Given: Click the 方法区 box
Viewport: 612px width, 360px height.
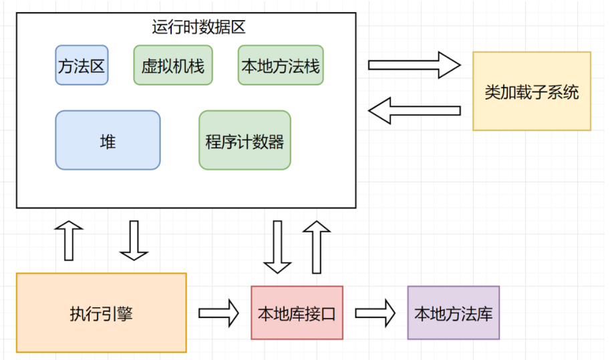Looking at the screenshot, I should click(x=82, y=65).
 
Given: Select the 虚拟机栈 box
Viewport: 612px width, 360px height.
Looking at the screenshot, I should click(x=173, y=65).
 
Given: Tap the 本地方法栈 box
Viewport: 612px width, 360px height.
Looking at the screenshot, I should click(x=281, y=65).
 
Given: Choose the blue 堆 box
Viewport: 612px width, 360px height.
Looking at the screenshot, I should click(x=108, y=140).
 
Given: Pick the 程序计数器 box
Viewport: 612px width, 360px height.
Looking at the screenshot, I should click(x=245, y=140).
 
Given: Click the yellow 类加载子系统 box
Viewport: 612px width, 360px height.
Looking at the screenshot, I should click(x=531, y=91).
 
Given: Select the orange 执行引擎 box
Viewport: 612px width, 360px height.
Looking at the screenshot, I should click(x=101, y=313).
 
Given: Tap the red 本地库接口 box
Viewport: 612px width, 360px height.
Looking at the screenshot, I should click(x=297, y=313).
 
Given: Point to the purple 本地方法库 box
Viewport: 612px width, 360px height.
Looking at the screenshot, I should click(x=454, y=313).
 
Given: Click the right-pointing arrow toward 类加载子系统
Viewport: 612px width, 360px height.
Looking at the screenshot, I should click(x=414, y=65).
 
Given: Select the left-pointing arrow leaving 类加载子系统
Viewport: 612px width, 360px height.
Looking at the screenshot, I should click(x=414, y=110).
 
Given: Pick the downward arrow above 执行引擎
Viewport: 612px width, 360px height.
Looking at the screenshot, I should click(x=134, y=240).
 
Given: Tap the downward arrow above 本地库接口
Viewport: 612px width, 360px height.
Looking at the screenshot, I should click(x=277, y=246).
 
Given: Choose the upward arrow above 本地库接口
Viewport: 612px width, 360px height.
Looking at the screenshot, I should click(x=317, y=246).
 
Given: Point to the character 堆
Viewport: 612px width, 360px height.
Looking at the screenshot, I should click(x=108, y=141).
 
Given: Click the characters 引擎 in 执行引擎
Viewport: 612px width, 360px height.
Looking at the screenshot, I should click(x=117, y=313).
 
